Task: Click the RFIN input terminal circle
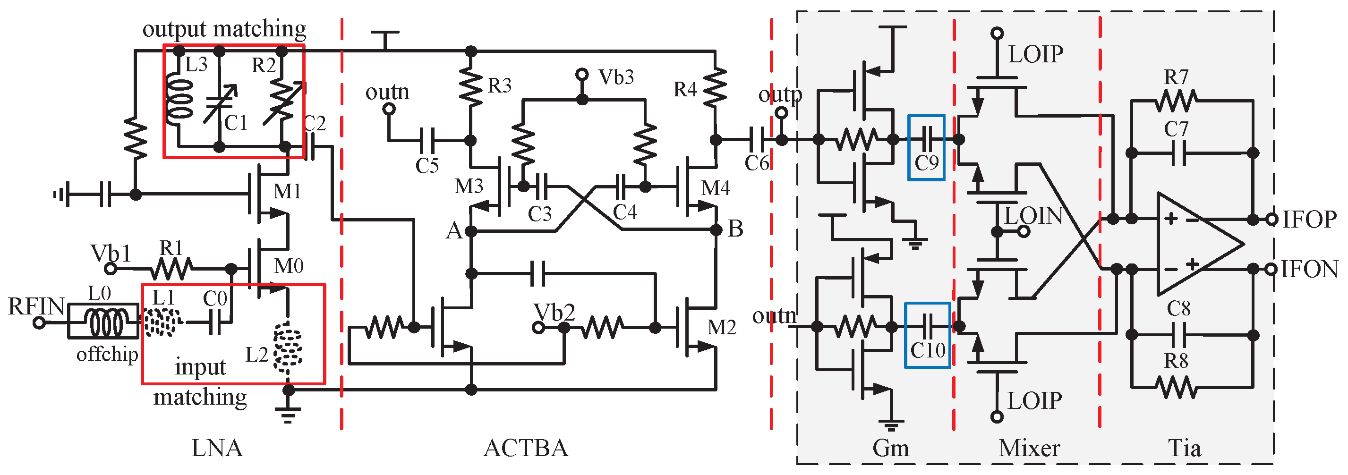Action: point(39,323)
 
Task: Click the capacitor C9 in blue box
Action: point(927,140)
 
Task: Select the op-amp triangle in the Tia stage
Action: point(1193,244)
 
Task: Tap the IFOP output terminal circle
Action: point(1272,219)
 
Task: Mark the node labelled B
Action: point(716,229)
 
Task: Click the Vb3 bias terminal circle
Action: point(582,74)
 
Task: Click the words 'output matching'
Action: point(224,29)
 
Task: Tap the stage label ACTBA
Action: point(525,448)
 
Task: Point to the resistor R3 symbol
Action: point(471,86)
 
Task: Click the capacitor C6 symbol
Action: point(757,140)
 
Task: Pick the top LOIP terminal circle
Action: point(998,34)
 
